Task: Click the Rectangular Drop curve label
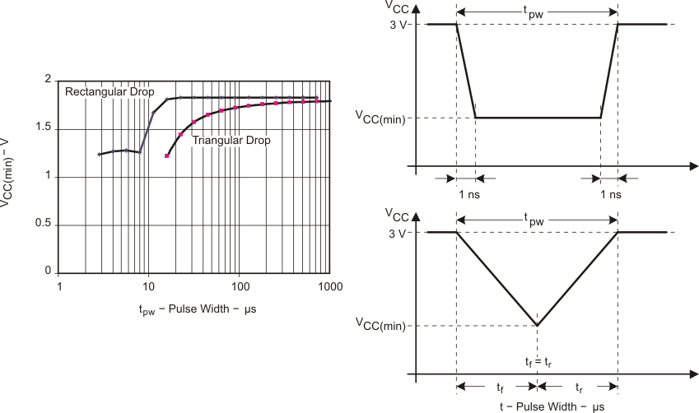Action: (109, 90)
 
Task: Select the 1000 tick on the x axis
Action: (331, 286)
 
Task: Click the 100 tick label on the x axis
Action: (240, 286)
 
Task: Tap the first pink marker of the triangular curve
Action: (167, 155)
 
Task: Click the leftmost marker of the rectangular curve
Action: (100, 154)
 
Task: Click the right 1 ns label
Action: (611, 194)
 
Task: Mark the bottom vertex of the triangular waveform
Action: (538, 325)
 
